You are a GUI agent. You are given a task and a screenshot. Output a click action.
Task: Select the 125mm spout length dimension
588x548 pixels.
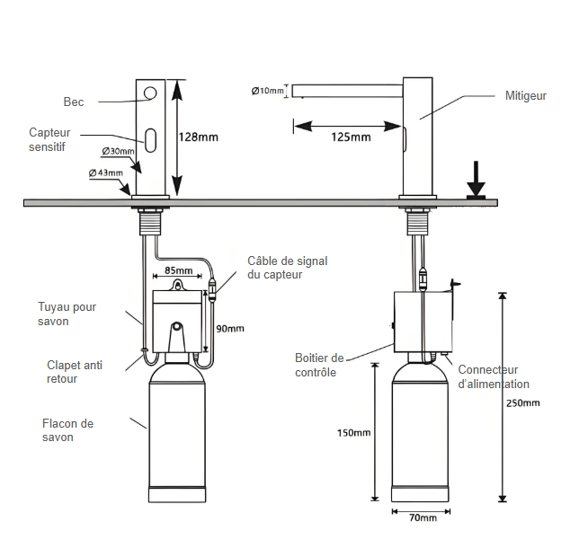coord(351,137)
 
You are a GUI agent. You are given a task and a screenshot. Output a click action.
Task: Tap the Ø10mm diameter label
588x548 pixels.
coord(268,91)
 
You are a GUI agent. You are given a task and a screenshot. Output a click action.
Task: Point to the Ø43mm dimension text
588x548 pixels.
coord(105,172)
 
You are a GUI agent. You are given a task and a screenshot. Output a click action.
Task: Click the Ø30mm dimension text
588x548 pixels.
coord(118,151)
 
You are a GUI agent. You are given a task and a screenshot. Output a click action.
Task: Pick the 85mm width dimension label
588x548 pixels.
coord(178,270)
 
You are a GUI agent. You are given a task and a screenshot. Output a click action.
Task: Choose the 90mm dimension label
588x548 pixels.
coord(230,329)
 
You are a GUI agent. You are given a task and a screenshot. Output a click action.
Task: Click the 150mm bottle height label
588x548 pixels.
coord(353,433)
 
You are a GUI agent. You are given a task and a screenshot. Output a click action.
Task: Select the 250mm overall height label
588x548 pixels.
coord(524,402)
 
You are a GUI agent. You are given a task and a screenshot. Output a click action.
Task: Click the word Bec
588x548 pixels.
coord(74,102)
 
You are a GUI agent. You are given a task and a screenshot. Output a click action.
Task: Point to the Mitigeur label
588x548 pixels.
coord(526,95)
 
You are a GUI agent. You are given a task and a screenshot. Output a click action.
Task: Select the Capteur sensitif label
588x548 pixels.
coord(49,139)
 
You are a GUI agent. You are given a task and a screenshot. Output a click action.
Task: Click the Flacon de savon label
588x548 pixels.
coord(67,430)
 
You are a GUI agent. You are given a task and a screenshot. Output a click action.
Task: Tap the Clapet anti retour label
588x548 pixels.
coord(75,372)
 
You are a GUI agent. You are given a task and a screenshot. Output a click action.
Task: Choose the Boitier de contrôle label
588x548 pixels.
coord(319,365)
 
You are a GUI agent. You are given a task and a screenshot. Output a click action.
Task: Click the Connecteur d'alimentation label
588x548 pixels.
coord(494,376)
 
